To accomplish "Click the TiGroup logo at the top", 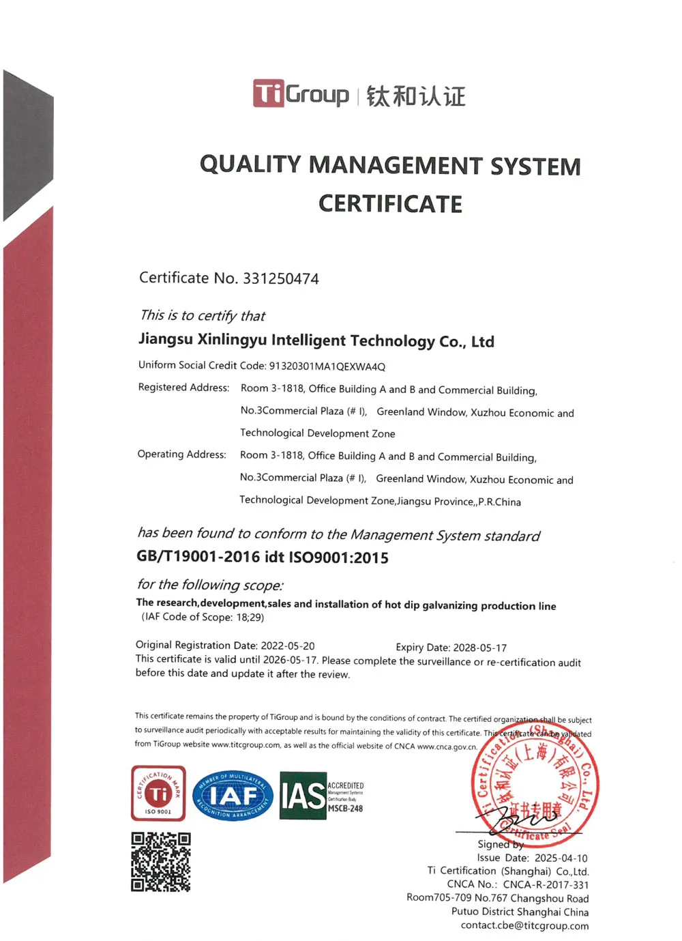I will click(301, 94).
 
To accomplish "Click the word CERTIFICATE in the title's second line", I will click(390, 204).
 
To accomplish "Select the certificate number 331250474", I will click(281, 278).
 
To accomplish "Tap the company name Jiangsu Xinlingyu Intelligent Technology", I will click(316, 341).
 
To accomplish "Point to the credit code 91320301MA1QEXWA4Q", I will click(327, 366).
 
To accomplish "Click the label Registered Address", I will click(183, 388).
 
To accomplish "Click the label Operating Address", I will click(181, 454).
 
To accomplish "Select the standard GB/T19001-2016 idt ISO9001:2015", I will click(263, 557).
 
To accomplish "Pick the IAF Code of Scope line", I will click(203, 617).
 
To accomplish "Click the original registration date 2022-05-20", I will click(287, 646).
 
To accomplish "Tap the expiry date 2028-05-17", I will click(480, 648).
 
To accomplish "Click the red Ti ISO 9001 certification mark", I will click(158, 793).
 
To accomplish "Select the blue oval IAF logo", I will click(233, 796).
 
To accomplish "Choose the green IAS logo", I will click(303, 796).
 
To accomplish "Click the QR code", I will click(161, 862).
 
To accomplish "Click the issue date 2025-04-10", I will click(561, 858).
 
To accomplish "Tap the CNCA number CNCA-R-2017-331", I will click(546, 884).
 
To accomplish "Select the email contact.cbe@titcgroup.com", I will click(524, 925).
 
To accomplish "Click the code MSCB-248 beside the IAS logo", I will click(346, 809).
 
